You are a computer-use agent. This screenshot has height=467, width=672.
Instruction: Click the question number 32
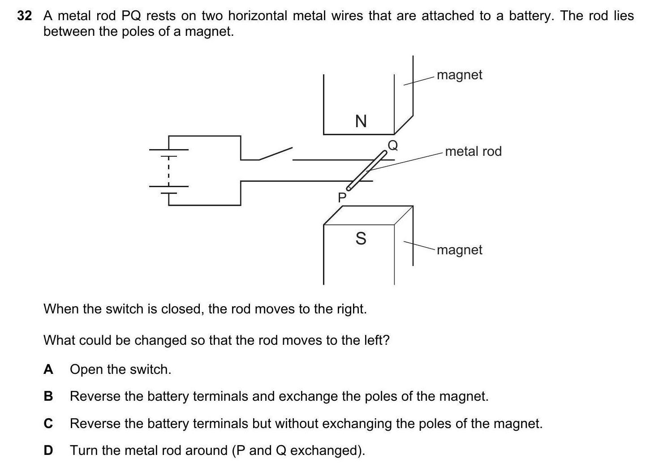(25, 16)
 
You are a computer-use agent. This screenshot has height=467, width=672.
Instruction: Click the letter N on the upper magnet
(361, 121)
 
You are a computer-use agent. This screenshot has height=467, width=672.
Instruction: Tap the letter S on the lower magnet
(361, 238)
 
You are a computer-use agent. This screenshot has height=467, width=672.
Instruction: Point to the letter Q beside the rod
(392, 146)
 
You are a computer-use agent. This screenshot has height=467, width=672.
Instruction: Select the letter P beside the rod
(342, 197)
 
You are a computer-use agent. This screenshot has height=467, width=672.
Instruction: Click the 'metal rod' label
(473, 151)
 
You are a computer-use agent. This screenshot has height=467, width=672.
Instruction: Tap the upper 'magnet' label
(459, 75)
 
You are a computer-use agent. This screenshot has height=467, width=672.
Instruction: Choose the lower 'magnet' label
(459, 250)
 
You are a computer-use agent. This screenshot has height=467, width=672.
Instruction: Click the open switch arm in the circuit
(276, 153)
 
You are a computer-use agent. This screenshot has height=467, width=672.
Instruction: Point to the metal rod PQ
(366, 171)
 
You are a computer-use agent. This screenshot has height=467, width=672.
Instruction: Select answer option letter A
(48, 369)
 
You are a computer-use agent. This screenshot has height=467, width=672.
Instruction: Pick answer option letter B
(48, 396)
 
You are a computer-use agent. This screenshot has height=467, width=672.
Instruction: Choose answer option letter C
(48, 423)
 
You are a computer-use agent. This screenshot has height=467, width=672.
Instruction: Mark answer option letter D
(48, 450)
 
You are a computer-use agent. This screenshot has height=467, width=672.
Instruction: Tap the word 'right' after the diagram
(349, 309)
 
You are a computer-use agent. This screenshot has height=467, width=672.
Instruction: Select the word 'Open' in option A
(86, 370)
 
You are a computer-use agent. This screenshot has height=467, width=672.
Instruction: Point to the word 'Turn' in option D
(85, 450)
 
